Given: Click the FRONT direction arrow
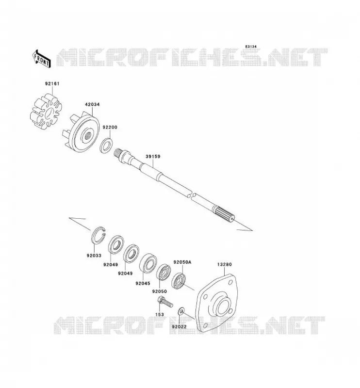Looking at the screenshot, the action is [x=42, y=59].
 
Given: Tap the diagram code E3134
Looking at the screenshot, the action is [x=251, y=47].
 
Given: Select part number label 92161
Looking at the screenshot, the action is [x=52, y=83].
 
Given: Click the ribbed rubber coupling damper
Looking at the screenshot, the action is [x=46, y=112].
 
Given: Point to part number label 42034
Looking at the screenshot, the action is [x=92, y=104].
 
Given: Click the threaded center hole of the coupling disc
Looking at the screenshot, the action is [x=88, y=135].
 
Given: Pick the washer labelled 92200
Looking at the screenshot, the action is [x=106, y=146].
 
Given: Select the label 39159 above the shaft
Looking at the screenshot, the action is [x=153, y=156].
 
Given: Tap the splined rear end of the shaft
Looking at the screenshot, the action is [x=224, y=214].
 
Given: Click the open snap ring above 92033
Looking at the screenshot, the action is [x=98, y=235].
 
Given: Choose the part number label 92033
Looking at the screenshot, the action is [x=94, y=256].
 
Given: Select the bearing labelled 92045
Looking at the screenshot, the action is [x=147, y=265].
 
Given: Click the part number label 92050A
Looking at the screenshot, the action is [x=182, y=262].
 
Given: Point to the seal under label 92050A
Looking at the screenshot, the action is [x=179, y=281].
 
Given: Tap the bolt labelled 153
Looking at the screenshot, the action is [x=164, y=302].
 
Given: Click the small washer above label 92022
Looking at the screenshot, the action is [x=181, y=310].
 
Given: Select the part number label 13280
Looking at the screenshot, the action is [x=224, y=264].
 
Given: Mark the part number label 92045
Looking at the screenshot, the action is [x=143, y=283].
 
